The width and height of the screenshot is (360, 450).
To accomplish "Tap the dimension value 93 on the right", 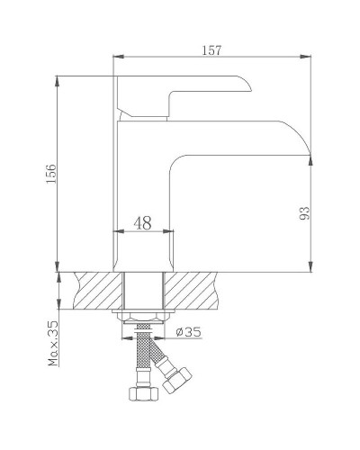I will point(303,212).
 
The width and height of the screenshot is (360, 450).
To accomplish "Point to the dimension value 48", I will point(143,222).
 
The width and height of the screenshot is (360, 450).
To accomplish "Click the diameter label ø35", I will point(188,332).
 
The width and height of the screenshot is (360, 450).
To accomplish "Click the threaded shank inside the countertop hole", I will point(144,290).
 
